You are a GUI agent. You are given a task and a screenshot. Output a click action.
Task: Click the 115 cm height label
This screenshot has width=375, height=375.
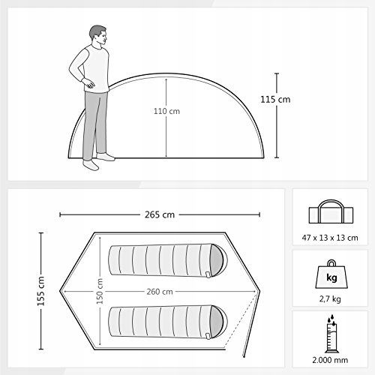pyautogui.click(x=275, y=100)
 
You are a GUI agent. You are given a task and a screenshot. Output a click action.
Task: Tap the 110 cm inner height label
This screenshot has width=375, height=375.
pyautogui.click(x=166, y=111)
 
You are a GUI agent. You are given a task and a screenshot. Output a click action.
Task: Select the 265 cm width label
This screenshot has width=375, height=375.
pyautogui.click(x=160, y=214)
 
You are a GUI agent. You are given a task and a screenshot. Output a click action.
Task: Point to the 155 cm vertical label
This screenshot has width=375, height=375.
pyautogui.click(x=40, y=291)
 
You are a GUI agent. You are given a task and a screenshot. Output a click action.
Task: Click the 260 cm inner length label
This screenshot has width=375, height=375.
pyautogui.click(x=160, y=292)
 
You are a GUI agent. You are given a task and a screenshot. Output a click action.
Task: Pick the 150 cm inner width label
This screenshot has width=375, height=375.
pyautogui.click(x=100, y=291)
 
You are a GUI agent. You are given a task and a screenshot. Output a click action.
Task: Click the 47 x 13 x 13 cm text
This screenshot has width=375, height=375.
pyautogui.click(x=330, y=238)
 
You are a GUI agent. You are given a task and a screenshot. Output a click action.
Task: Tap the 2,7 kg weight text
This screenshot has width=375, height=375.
pyautogui.click(x=330, y=298)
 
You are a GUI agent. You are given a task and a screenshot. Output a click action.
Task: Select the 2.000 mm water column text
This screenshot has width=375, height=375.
pyautogui.click(x=330, y=360)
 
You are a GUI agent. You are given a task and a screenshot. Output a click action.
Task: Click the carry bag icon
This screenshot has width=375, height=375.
pyautogui.click(x=331, y=211)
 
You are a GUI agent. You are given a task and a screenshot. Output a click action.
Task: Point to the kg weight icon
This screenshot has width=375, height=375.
pyautogui.click(x=331, y=274)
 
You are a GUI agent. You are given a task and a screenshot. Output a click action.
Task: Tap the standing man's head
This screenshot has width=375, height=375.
pyautogui.click(x=98, y=34)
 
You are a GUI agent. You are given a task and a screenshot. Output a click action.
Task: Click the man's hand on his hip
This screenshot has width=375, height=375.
pyautogui.click(x=88, y=82)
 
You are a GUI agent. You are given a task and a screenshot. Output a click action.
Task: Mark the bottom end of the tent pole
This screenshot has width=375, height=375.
pyautogui.click(x=244, y=356)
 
